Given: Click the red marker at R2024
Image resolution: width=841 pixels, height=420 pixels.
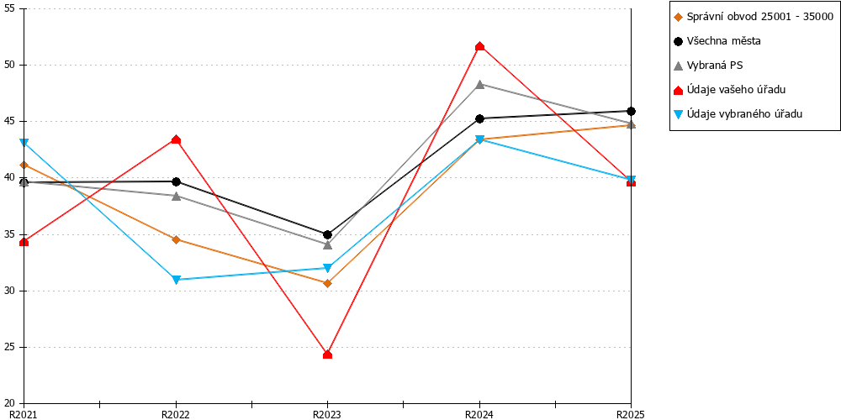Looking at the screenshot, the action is [x=479, y=46].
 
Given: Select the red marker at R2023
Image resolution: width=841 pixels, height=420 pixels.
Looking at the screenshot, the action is [x=328, y=354].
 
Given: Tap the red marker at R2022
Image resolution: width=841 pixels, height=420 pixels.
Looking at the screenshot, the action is [x=176, y=139].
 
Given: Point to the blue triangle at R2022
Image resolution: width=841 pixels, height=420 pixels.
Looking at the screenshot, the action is [x=176, y=280].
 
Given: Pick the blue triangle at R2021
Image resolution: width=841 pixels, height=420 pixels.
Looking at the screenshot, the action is [x=24, y=143].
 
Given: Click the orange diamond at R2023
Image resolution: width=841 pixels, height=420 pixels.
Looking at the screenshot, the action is [x=328, y=283].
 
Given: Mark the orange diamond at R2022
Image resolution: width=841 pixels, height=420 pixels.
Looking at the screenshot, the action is [x=176, y=239].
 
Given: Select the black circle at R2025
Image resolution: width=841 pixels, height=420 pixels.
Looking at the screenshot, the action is [x=632, y=111].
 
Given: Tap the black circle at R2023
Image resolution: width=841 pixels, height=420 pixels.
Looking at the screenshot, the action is [x=328, y=234].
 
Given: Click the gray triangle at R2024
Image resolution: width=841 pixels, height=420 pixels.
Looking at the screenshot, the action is [x=479, y=84].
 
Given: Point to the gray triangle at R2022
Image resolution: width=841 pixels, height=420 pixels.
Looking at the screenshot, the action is [x=176, y=196].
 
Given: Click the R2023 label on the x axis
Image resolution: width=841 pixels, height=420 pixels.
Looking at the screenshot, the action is [x=327, y=414].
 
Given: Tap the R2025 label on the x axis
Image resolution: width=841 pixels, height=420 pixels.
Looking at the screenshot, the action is [x=630, y=414].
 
